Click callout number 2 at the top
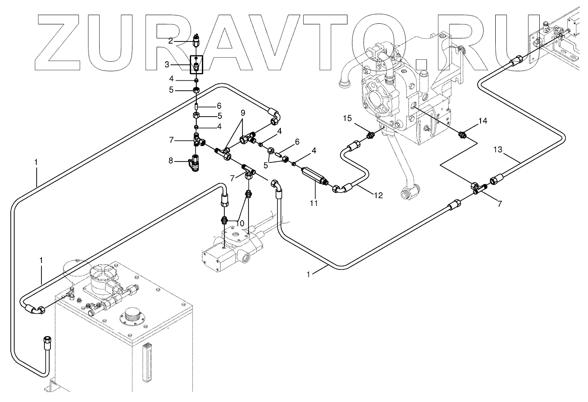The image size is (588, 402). (x=171, y=41)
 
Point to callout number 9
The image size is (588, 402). (x=243, y=113)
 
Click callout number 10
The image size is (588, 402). (x=240, y=223)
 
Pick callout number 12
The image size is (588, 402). (x=378, y=196)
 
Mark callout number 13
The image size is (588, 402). (x=498, y=149)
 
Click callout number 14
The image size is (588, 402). (x=482, y=121)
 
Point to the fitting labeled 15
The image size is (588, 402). (x=370, y=137)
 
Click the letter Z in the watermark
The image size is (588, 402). (x=63, y=43)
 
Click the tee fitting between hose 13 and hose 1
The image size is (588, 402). (x=478, y=188)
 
